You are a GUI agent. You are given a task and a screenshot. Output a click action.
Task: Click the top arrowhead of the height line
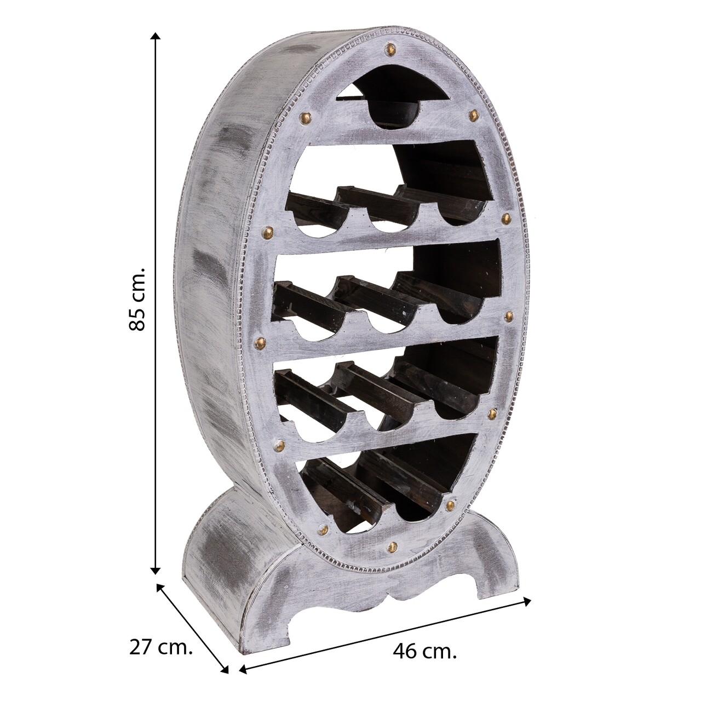pos(156,37)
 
